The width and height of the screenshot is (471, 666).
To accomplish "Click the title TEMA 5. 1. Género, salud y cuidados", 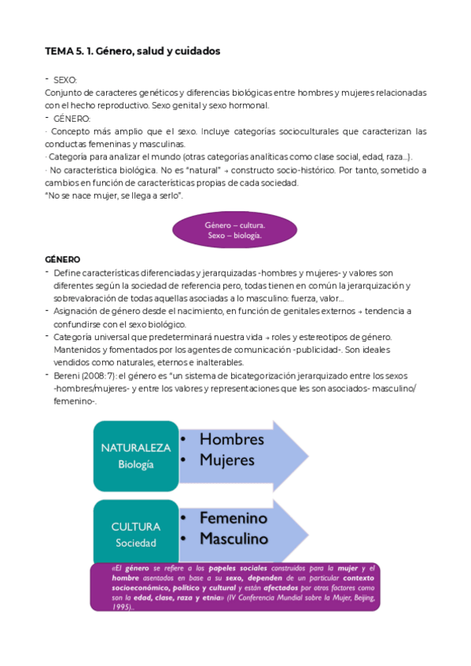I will (132, 51).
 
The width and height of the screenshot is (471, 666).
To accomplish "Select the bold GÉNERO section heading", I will (62, 259).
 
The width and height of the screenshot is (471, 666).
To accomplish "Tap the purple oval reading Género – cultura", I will (234, 230).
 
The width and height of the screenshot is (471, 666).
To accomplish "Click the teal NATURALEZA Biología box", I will (135, 456).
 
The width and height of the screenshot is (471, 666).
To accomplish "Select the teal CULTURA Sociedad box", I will (135, 535).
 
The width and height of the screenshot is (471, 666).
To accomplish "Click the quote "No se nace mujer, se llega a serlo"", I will (115, 195).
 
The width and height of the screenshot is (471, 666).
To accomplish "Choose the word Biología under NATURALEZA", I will (135, 464).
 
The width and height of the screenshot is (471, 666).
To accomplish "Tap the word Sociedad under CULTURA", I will (135, 543).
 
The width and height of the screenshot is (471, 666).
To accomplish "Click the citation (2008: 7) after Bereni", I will (102, 375).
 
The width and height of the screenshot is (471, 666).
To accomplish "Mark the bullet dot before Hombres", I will (183, 441).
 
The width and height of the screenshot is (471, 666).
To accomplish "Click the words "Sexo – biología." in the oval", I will (234, 236).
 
